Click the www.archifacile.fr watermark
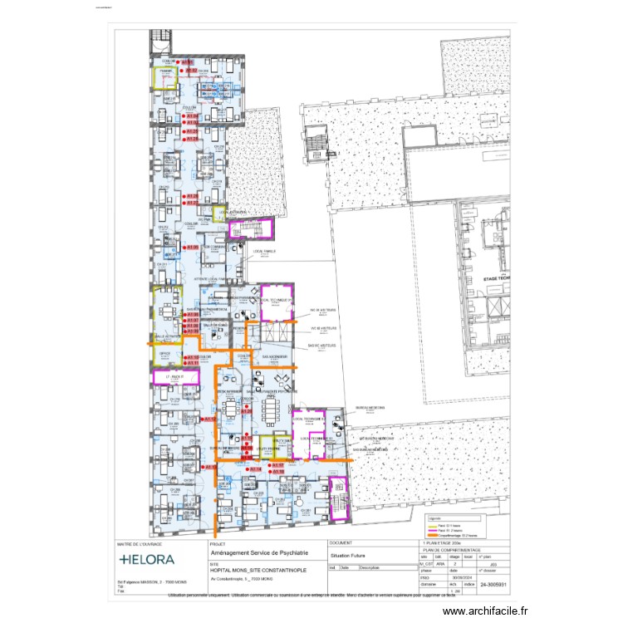click(x=485, y=611)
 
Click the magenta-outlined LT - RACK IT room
click(x=175, y=377)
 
